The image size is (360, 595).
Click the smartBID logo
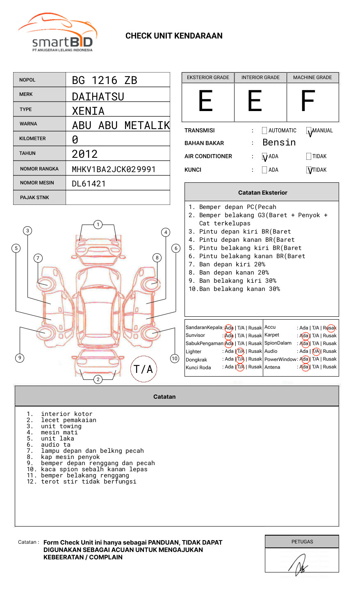(x=57, y=33)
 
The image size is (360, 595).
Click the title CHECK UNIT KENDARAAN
(x=174, y=36)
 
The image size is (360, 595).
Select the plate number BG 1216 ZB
(x=105, y=80)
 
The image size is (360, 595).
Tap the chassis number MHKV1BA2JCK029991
(x=114, y=169)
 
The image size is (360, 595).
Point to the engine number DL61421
(x=89, y=184)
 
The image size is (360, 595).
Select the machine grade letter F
(x=308, y=101)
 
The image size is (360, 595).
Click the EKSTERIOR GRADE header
(x=208, y=77)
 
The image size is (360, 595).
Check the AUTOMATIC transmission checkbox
(x=264, y=131)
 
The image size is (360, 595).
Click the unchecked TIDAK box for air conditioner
(x=309, y=156)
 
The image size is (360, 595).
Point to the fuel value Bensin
(x=279, y=143)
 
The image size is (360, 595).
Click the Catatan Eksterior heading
(x=262, y=193)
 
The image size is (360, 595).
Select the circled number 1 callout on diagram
(x=98, y=225)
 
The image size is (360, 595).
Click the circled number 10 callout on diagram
(x=175, y=359)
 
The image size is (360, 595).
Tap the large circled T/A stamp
(x=144, y=369)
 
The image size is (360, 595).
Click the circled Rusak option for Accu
(x=330, y=328)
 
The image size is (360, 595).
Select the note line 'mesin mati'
(x=59, y=432)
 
